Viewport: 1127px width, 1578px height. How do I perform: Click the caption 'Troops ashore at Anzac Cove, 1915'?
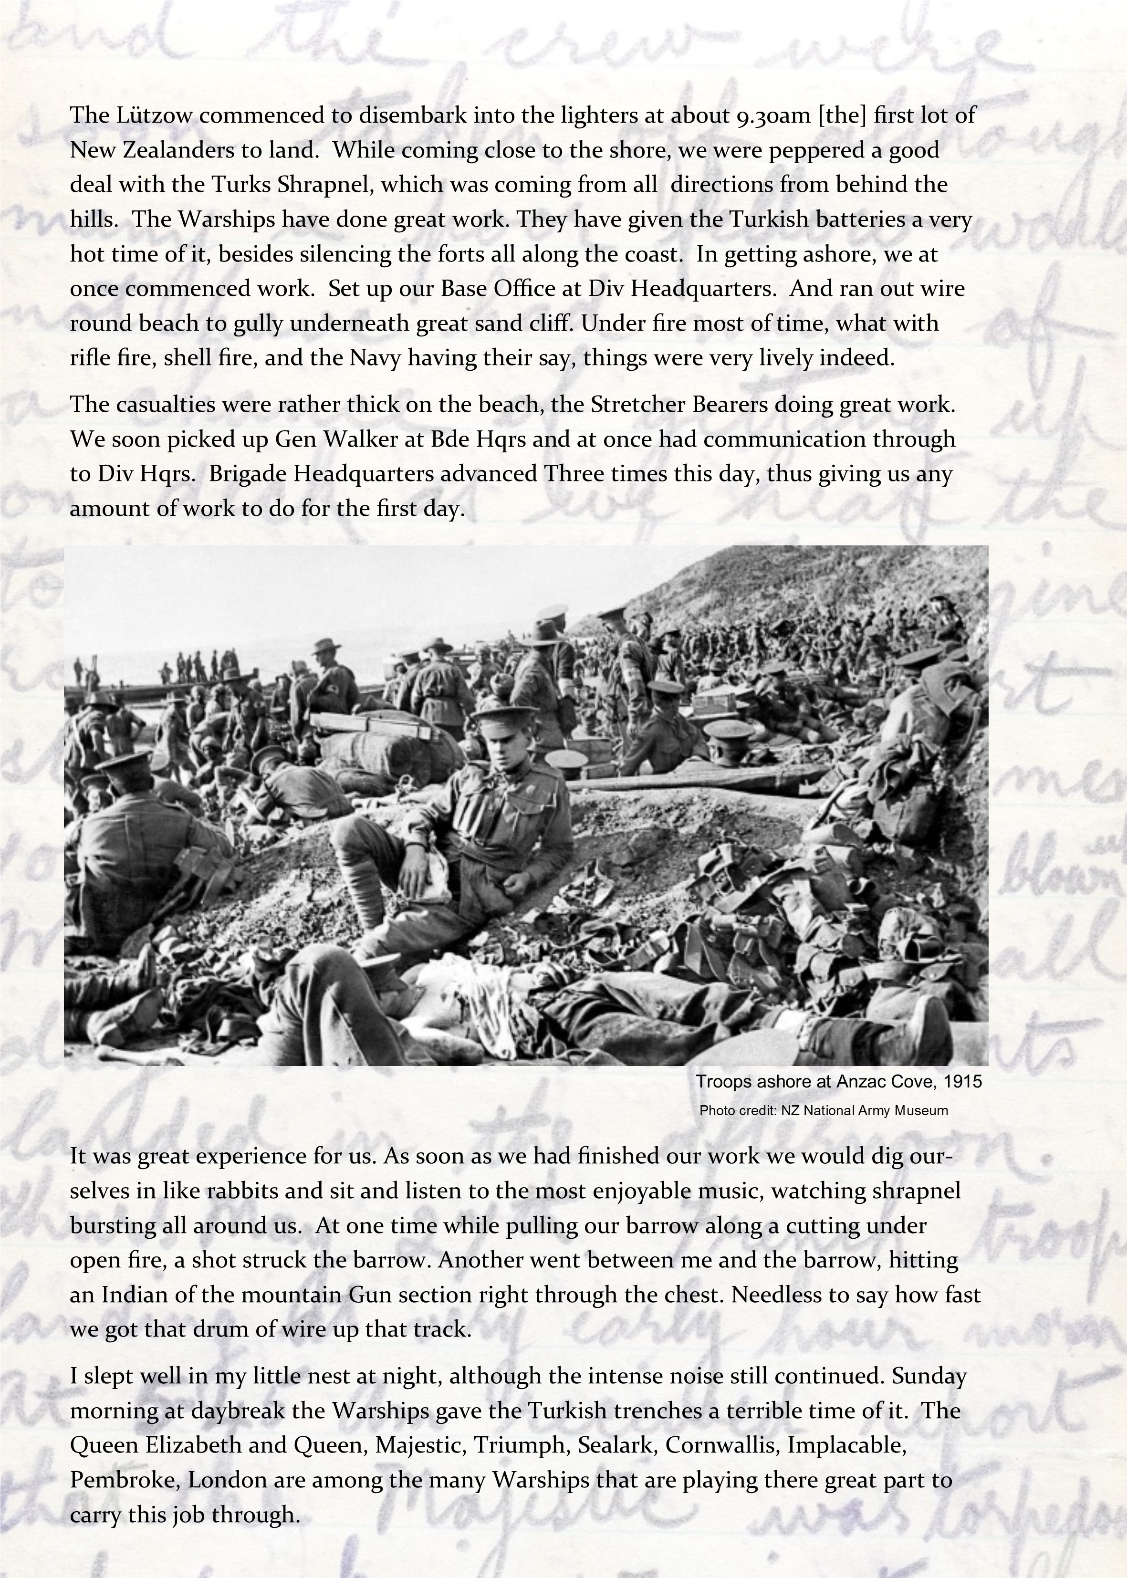tap(838, 1082)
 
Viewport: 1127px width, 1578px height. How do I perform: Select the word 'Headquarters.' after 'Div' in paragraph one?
tap(694, 288)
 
